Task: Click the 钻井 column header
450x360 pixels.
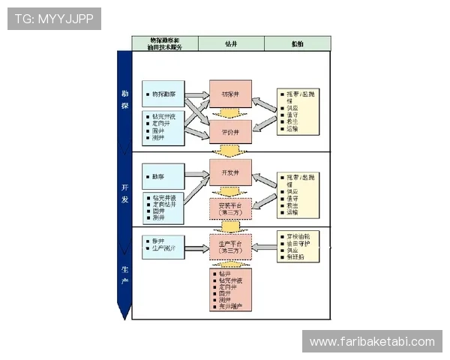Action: pos(231,43)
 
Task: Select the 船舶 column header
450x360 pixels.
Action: pos(297,43)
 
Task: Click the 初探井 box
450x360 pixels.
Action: pos(230,94)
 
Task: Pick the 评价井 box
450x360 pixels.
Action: pos(230,132)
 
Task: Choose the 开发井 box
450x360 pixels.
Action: pos(230,172)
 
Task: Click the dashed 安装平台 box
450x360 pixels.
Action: pos(230,208)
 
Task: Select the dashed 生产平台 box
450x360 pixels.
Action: pos(230,247)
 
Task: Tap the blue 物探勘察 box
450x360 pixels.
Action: pos(163,94)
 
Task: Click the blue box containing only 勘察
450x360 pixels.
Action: pos(163,176)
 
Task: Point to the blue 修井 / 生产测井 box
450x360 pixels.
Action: pos(163,244)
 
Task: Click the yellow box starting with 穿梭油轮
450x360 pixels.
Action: pos(299,247)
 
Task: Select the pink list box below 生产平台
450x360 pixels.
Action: pos(230,289)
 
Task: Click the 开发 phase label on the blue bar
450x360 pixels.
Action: pos(124,194)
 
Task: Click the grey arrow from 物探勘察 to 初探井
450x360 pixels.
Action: pos(197,94)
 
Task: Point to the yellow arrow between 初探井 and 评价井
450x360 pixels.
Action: pos(230,113)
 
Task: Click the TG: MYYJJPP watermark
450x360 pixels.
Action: pos(54,18)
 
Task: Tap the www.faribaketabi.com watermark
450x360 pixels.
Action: pos(371,342)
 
